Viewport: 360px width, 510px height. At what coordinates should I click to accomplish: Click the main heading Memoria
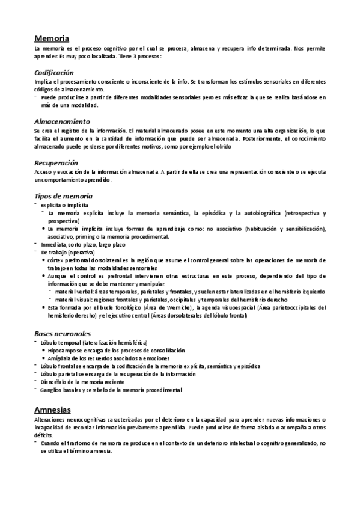[52, 38]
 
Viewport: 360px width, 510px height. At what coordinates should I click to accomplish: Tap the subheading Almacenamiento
[63, 121]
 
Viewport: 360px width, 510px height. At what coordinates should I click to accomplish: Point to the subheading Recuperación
[56, 163]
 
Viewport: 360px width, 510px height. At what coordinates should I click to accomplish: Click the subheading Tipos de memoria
[64, 197]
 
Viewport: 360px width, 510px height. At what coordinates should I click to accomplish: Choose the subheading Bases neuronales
[63, 333]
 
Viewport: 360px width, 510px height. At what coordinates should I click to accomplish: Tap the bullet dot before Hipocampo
[44, 350]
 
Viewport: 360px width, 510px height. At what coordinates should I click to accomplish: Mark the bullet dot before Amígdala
[44, 358]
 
